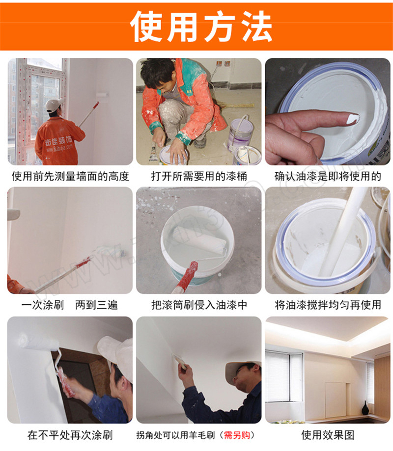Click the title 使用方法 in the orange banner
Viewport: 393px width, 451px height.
[201, 26]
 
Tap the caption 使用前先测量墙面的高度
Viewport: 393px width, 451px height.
[70, 176]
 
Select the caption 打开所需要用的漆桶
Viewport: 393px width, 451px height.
[199, 176]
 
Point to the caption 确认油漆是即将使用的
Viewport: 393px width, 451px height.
[328, 176]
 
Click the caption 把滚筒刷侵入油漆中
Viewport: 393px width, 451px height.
[199, 305]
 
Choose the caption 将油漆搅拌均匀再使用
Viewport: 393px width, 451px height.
[328, 305]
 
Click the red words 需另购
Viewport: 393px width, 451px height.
[237, 435]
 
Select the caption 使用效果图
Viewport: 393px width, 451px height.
[328, 435]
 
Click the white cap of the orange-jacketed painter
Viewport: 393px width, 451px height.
[54, 105]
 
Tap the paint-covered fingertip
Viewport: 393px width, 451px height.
[353, 118]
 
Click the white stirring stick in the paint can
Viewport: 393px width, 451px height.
[342, 233]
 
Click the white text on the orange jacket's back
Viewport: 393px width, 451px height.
[58, 143]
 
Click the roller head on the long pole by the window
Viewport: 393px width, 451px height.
[102, 94]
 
